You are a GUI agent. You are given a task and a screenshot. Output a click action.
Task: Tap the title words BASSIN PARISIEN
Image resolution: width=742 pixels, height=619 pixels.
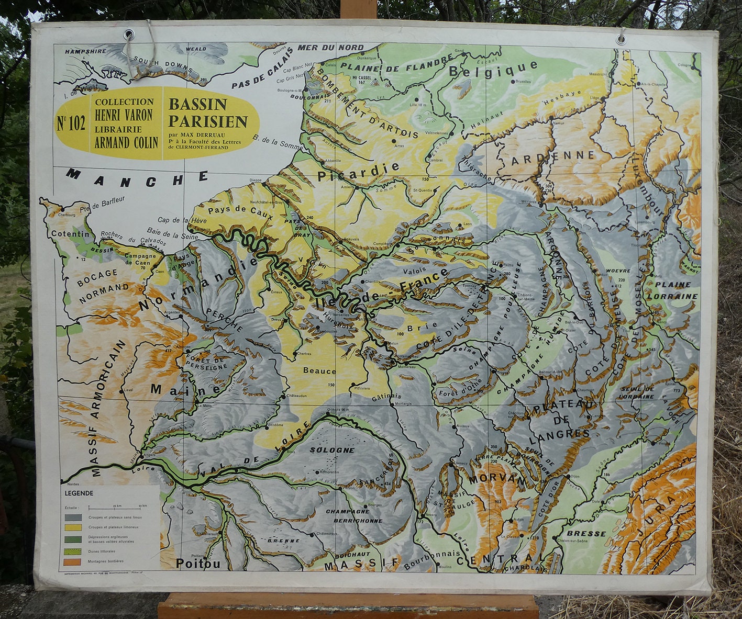click(x=207, y=113)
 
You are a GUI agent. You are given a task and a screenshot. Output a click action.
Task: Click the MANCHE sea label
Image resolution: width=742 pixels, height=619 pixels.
click(x=137, y=178)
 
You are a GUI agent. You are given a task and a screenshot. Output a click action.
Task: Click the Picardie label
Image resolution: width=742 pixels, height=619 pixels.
click(x=358, y=172)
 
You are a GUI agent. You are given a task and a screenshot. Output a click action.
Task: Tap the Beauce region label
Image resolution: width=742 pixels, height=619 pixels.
click(x=319, y=371)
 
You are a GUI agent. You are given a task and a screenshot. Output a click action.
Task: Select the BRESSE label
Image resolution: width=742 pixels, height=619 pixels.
click(x=585, y=534)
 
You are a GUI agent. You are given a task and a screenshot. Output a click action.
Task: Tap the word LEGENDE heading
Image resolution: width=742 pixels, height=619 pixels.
click(x=79, y=493)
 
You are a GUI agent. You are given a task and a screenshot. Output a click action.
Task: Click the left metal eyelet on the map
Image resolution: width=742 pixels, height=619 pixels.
click(x=128, y=35)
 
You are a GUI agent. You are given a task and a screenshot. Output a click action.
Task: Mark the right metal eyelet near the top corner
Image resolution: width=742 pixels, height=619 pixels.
click(x=622, y=39)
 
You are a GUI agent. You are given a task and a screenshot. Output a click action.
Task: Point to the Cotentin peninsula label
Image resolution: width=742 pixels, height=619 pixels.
click(x=70, y=234)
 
